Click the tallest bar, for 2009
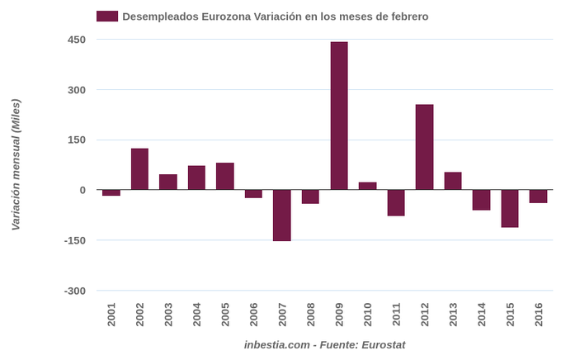tap(339, 116)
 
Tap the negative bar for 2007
tap(282, 215)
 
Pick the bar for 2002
tap(139, 169)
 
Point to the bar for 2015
tap(510, 208)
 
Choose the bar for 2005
tap(225, 176)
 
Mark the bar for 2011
tap(396, 202)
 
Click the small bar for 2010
tap(367, 186)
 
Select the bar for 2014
tap(481, 200)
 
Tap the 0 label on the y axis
tap(82, 190)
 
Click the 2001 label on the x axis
tap(111, 315)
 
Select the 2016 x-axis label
tap(538, 315)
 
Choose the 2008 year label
tap(310, 315)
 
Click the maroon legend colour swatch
tap(107, 16)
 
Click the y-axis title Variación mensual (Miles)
tap(15, 164)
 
